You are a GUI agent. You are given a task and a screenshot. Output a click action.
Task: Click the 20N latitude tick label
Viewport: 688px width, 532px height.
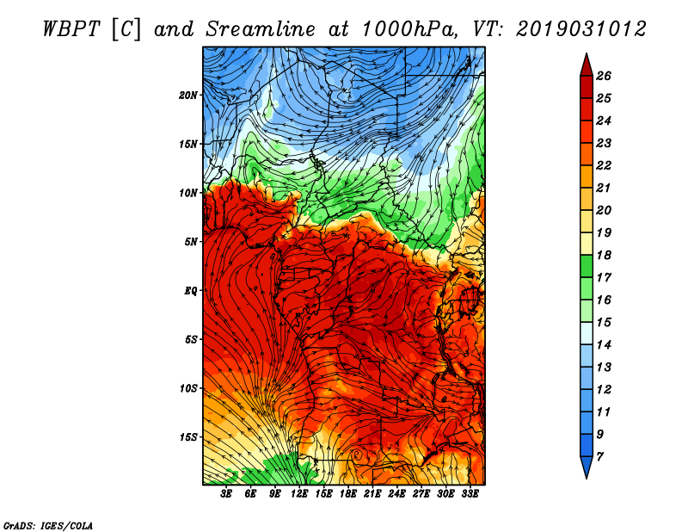click(x=187, y=96)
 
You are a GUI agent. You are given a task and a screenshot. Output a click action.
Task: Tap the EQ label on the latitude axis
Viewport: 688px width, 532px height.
click(x=191, y=291)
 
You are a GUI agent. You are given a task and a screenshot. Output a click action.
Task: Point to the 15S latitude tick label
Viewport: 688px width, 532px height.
click(x=188, y=437)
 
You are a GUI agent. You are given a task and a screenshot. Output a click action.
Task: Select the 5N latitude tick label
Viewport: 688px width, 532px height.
click(x=191, y=242)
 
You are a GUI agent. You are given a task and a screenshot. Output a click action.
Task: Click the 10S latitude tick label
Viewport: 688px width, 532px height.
click(x=188, y=388)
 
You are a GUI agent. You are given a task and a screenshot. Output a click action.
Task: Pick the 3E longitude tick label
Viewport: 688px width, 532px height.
click(x=226, y=494)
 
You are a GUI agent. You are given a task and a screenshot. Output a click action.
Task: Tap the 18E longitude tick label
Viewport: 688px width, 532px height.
click(x=348, y=494)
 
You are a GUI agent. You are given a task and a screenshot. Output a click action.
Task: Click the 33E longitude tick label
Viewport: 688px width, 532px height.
click(x=470, y=494)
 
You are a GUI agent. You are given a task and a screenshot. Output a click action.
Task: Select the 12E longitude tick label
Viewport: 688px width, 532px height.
click(x=299, y=494)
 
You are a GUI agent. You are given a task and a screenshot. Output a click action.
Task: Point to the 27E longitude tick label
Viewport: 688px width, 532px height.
click(x=421, y=494)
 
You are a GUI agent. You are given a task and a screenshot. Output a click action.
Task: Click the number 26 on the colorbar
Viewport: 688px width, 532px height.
click(x=604, y=76)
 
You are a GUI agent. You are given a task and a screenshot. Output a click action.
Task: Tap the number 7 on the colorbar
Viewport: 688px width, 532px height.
click(x=599, y=456)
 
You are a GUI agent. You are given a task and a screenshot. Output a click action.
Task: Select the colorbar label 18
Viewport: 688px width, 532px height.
click(x=604, y=255)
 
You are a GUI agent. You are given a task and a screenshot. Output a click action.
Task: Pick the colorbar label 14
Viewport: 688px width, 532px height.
click(x=604, y=345)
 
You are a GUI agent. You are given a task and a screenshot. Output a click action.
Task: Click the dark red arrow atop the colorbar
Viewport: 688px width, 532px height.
click(x=587, y=66)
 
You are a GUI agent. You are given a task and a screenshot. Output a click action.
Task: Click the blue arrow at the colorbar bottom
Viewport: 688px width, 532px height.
click(x=587, y=467)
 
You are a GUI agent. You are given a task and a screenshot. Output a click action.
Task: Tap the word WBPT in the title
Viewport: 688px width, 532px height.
click(x=72, y=29)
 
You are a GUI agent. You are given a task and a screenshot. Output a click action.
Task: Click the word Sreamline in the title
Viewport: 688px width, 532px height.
click(x=261, y=29)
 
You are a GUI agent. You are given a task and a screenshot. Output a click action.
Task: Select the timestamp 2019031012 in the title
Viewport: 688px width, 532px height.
click(x=581, y=29)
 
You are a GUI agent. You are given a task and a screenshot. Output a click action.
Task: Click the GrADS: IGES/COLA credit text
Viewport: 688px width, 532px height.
click(x=48, y=526)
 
